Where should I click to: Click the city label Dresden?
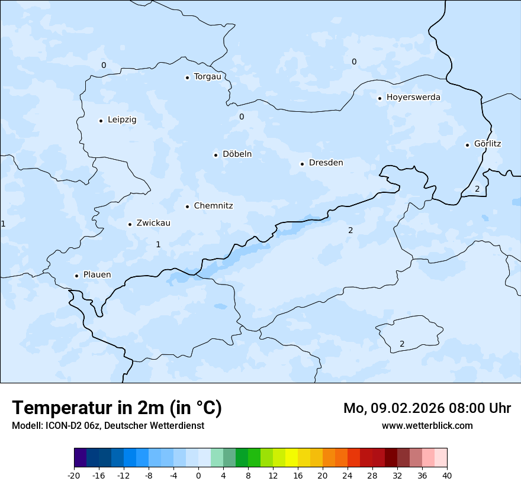326,163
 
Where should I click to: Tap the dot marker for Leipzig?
101,121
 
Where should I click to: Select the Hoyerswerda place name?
413,97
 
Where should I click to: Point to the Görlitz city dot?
467,144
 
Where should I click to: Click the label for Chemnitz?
213,206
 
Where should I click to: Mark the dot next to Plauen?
76,276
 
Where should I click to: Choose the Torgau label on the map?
207,76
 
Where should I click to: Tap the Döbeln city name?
237,154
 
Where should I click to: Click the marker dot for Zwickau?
130,224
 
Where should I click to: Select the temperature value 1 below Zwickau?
158,244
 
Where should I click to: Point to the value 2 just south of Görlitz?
477,189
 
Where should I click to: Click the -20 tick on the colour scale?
74,475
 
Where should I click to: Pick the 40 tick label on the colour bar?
447,475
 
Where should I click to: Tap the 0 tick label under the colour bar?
198,475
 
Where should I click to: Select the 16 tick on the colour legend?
298,475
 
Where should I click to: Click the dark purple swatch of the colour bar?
80,458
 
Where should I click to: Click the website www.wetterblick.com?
427,425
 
